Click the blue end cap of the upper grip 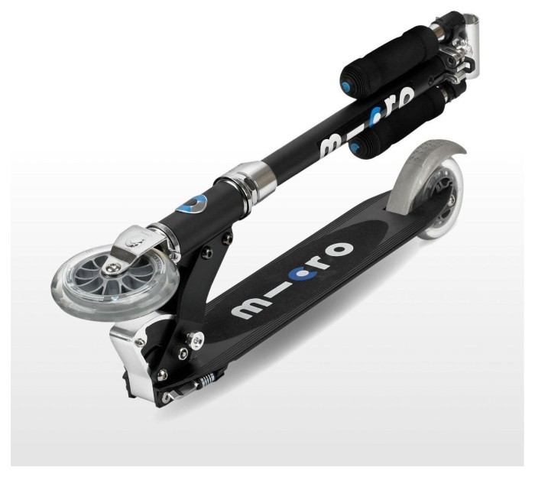point(347,86)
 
